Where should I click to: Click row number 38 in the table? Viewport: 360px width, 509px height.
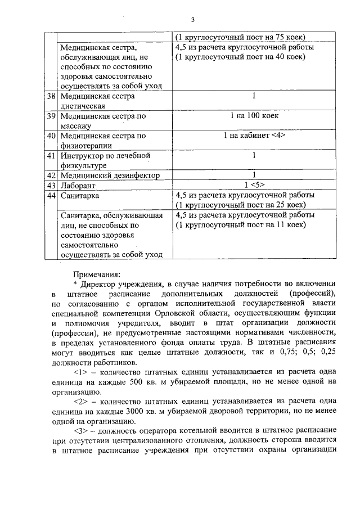tap(52, 96)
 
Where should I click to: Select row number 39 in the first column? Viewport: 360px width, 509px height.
tap(52, 116)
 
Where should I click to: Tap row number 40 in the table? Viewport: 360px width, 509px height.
tap(52, 136)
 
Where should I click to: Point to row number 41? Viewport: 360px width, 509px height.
tap(52, 155)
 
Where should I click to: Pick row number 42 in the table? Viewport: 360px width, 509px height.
tap(52, 175)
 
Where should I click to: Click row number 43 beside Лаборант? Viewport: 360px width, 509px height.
tap(52, 185)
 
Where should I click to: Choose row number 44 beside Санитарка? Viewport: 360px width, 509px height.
tap(52, 195)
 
